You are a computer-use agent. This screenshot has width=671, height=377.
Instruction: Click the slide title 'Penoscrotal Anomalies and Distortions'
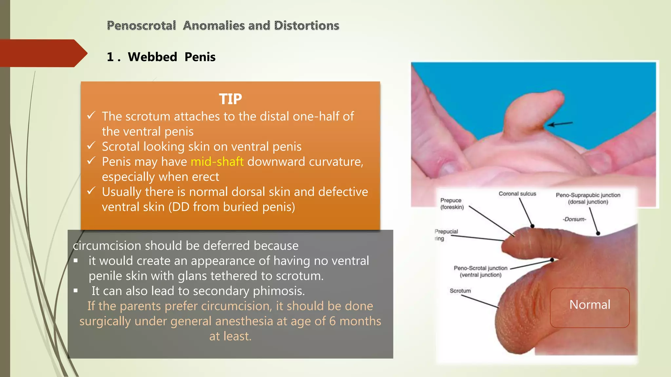click(223, 26)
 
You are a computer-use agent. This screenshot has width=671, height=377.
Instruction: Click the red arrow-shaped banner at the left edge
click(43, 53)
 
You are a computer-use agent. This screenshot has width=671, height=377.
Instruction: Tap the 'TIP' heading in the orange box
click(230, 99)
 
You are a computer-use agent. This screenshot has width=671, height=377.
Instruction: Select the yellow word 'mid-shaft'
click(217, 162)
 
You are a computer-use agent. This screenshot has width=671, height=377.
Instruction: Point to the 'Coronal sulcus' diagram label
click(517, 194)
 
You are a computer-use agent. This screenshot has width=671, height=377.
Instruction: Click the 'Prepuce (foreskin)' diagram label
click(452, 204)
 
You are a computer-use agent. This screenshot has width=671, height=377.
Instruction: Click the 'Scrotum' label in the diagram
click(460, 291)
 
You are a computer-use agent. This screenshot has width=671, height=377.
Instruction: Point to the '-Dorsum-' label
click(574, 219)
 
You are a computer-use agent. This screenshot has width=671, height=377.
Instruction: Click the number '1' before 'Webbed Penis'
click(110, 57)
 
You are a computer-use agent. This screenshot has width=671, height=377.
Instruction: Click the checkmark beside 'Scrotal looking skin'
click(91, 146)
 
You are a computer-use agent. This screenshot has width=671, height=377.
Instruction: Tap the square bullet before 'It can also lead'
click(76, 291)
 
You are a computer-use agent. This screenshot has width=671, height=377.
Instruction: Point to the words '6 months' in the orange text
click(355, 321)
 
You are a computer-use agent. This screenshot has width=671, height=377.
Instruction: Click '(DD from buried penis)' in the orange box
click(232, 207)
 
